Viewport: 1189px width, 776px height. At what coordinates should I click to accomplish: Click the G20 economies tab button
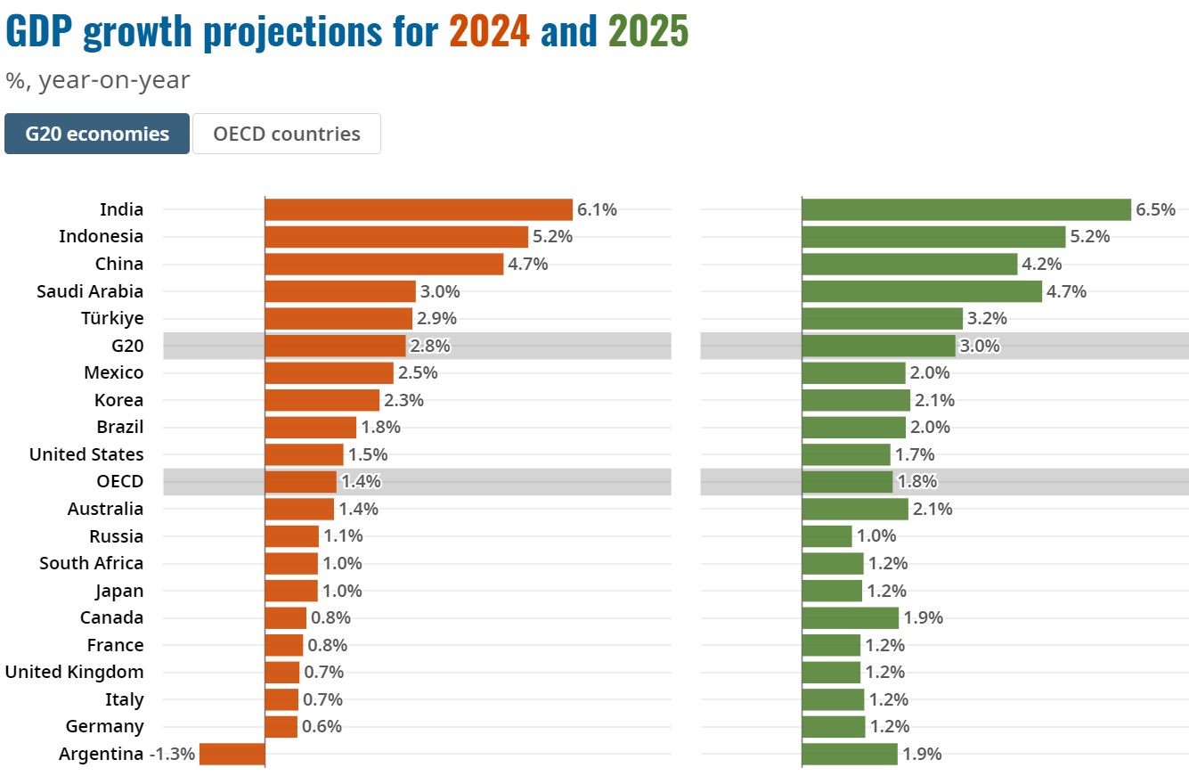(x=97, y=134)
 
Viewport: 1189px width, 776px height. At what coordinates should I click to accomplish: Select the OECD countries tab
(x=287, y=134)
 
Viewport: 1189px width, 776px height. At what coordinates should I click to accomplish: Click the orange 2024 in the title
(x=489, y=32)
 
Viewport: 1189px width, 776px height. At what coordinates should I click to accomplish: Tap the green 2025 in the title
(x=648, y=32)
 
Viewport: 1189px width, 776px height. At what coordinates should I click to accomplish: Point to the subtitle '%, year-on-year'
(x=97, y=80)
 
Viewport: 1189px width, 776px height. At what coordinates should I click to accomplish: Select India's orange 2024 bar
(x=419, y=209)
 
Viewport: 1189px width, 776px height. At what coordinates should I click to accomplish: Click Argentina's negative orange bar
(x=232, y=754)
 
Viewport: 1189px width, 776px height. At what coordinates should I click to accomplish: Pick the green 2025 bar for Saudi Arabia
(x=922, y=291)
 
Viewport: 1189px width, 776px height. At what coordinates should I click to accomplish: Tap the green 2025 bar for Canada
(x=851, y=617)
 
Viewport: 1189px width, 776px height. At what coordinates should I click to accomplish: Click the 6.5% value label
(x=1155, y=210)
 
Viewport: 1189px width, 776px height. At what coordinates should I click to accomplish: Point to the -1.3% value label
(x=172, y=754)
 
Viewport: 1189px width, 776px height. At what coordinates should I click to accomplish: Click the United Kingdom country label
(x=75, y=672)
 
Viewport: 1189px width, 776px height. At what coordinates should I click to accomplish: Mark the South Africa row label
(x=91, y=563)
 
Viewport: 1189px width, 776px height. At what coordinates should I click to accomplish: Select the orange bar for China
(x=384, y=264)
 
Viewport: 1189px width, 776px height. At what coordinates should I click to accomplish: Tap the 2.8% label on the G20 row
(x=429, y=346)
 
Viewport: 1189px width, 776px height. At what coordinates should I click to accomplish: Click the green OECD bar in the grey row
(x=847, y=481)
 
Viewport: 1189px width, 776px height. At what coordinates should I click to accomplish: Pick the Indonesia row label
(x=101, y=236)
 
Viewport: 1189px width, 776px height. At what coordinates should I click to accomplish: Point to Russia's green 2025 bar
(x=827, y=536)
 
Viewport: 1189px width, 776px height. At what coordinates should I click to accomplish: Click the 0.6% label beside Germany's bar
(x=322, y=726)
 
